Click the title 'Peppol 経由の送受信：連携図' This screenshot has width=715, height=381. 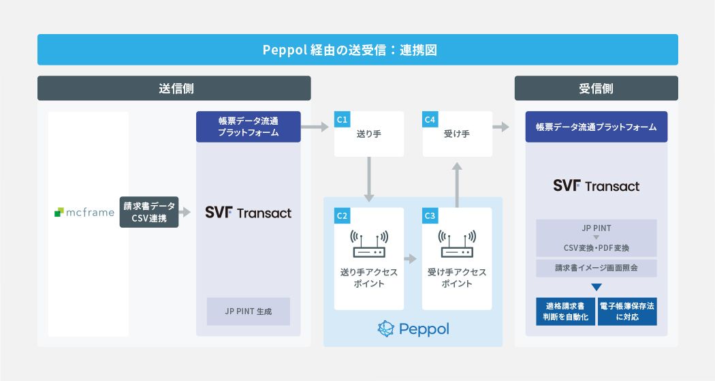357,50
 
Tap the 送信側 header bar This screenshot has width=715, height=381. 174,89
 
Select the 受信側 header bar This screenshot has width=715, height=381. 596,89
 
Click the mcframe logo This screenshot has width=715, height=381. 84,213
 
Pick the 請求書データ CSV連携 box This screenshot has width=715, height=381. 149,213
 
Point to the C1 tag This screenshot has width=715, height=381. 342,120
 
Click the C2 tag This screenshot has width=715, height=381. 342,216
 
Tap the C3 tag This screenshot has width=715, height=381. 430,216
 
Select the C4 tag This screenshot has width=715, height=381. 430,120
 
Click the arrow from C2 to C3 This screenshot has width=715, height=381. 410,259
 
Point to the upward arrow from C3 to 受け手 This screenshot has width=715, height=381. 457,184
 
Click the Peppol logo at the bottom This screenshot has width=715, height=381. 413,329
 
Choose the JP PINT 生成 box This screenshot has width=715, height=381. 249,311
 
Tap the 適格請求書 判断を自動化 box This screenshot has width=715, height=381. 562,311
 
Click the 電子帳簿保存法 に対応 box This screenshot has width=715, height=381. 627,311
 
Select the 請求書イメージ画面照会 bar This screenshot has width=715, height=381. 596,268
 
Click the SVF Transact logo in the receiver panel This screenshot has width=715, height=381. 596,185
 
